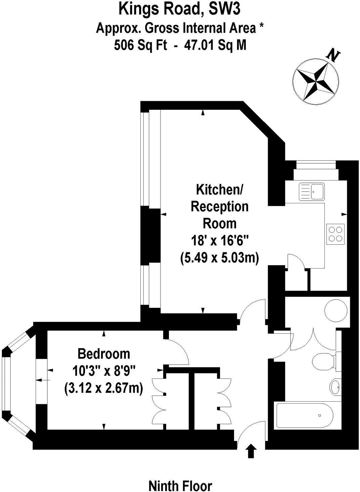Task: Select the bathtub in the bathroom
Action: click(304, 415)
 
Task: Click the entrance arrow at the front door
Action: click(251, 451)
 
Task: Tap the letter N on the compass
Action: click(333, 55)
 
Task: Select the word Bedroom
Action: click(103, 354)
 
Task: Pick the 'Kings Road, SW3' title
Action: click(180, 9)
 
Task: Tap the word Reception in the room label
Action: click(220, 206)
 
